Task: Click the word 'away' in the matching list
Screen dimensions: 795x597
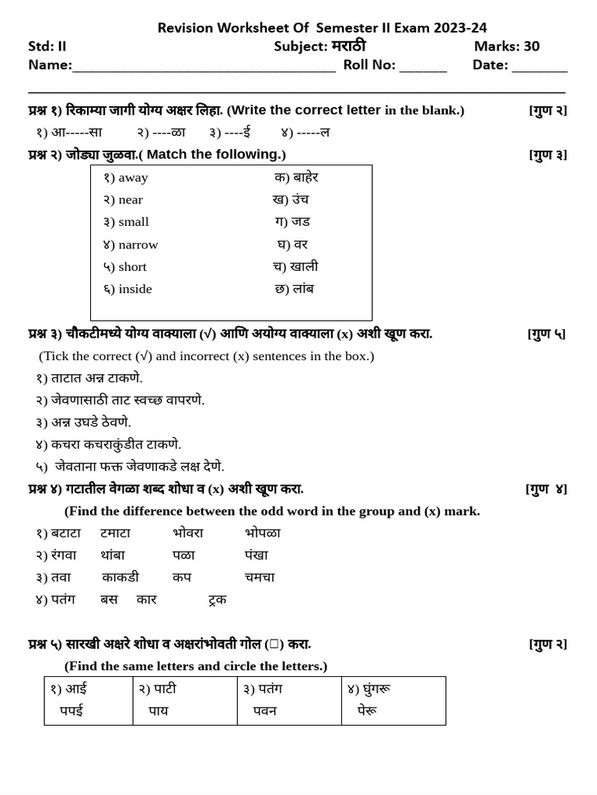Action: (133, 178)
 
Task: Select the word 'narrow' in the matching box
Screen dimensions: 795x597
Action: (138, 245)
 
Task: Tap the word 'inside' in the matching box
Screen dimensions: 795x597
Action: (135, 289)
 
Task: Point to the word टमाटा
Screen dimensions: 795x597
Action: (115, 533)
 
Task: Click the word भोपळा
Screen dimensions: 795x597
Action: (263, 533)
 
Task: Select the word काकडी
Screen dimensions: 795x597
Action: (120, 577)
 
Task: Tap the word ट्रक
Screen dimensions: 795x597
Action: (218, 599)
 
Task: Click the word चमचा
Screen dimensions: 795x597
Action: (260, 577)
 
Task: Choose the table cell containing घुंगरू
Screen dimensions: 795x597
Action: (393, 700)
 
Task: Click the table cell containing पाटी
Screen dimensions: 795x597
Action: (184, 700)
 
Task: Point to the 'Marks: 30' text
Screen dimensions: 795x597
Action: (507, 47)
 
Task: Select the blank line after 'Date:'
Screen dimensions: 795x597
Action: (539, 67)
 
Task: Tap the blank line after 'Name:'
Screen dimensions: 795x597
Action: (204, 67)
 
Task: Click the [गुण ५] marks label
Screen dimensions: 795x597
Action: (546, 334)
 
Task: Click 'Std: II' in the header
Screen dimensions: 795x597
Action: (47, 47)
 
